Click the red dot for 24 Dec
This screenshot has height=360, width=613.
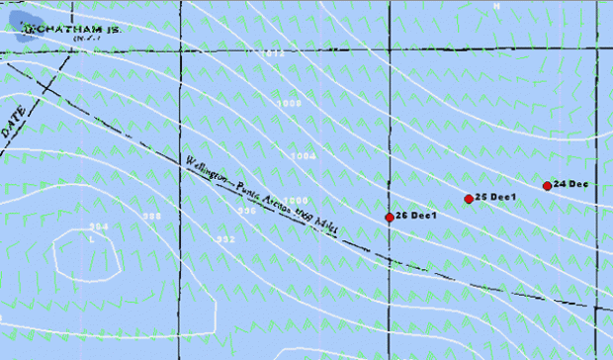[x=547, y=186]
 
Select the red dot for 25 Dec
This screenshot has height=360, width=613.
[x=469, y=200]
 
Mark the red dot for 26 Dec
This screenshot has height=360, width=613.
[x=390, y=218]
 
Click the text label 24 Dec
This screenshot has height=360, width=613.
[x=571, y=184]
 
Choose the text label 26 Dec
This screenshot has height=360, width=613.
[x=416, y=216]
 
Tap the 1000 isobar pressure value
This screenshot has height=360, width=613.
[x=297, y=201]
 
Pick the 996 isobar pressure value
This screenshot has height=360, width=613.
[x=247, y=211]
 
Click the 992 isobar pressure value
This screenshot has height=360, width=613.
[x=225, y=239]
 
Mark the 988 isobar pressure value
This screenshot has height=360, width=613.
[x=151, y=217]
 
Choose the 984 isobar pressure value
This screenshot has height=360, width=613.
[x=98, y=227]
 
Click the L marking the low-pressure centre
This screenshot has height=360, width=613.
[x=92, y=238]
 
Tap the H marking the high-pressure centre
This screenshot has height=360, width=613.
[x=497, y=7]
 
